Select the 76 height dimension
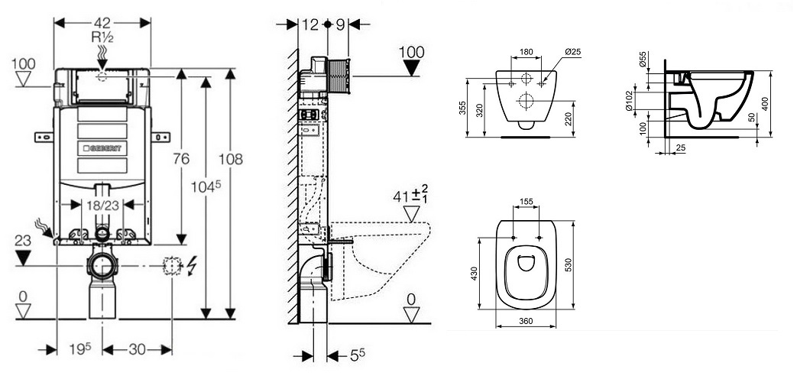coord(181,159)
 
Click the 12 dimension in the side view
coord(309,24)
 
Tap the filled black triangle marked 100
coord(411,66)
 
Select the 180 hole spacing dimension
coord(525,53)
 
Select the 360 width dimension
coord(525,321)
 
